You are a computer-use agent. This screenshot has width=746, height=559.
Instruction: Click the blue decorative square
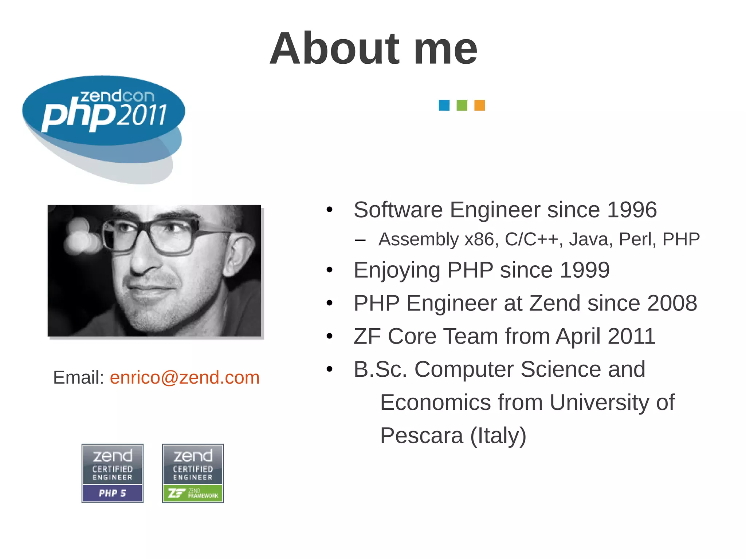[x=444, y=105]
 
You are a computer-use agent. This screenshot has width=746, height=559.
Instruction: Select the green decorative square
[x=462, y=105]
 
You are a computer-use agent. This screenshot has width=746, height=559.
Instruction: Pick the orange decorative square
[x=479, y=105]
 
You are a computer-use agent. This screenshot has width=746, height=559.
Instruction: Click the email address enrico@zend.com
[x=185, y=377]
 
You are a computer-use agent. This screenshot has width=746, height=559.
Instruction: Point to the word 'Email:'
[x=79, y=377]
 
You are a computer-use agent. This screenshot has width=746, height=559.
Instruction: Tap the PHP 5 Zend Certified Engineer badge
[x=113, y=473]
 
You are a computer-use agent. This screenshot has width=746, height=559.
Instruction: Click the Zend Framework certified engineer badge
[x=193, y=473]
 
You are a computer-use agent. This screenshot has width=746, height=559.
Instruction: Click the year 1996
[x=632, y=210]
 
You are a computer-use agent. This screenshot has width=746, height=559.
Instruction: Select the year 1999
[x=585, y=270]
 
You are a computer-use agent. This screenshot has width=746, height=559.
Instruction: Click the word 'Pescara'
[x=421, y=436]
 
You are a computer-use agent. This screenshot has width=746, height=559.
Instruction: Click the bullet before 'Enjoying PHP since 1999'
[x=330, y=270]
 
